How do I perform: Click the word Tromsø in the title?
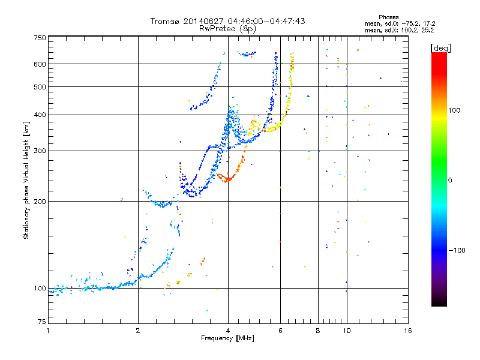(x=165, y=21)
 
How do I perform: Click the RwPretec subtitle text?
(x=217, y=28)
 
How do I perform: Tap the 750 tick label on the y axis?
(x=40, y=38)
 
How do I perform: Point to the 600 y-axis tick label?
(x=40, y=64)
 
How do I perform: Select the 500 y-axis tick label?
(x=40, y=87)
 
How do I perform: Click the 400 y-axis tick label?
(x=40, y=115)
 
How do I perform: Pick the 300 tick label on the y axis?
(x=40, y=151)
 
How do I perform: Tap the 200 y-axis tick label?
(x=40, y=202)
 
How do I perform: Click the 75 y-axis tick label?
(x=42, y=322)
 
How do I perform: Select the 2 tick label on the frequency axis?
(x=138, y=331)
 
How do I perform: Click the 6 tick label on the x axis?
(x=280, y=331)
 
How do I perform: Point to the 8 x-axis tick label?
(x=318, y=331)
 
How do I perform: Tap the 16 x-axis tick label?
(x=408, y=331)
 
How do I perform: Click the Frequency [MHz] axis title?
(x=227, y=338)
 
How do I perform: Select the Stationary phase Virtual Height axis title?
(x=26, y=181)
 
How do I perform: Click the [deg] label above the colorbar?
(x=440, y=49)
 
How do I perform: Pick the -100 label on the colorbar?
(x=457, y=250)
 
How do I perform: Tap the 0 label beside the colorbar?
(x=450, y=181)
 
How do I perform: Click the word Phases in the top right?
(x=388, y=17)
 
